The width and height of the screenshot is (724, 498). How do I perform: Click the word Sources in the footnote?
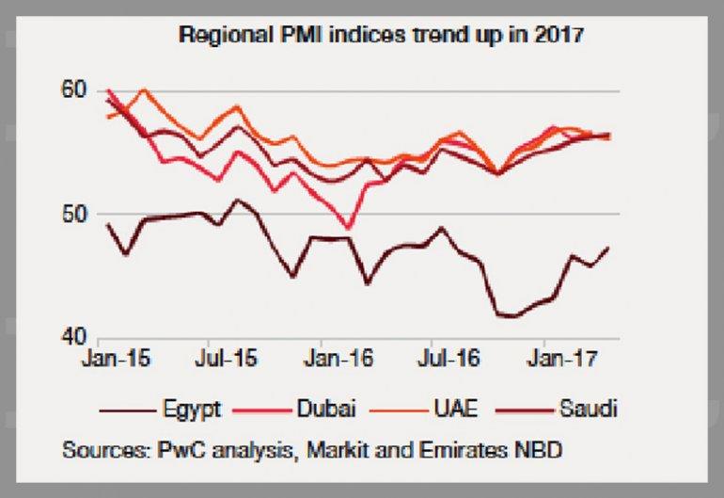pyautogui.click(x=101, y=450)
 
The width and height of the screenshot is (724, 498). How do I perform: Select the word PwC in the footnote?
pyautogui.click(x=173, y=450)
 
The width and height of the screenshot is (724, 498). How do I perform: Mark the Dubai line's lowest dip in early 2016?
pyautogui.click(x=349, y=228)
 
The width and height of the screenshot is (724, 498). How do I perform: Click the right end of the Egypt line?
pyautogui.click(x=608, y=248)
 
